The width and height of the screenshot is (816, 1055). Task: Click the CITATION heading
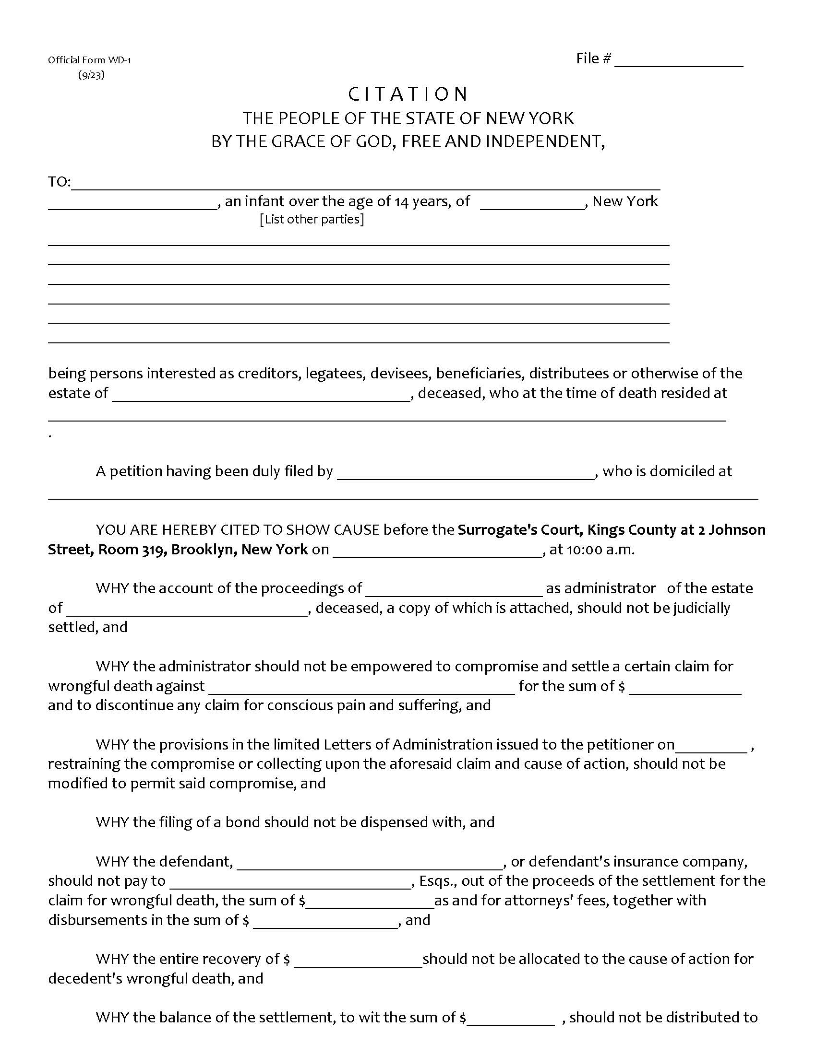click(x=408, y=94)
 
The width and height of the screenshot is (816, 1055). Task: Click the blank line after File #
click(x=678, y=62)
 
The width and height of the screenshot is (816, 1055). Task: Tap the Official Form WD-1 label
click(x=89, y=60)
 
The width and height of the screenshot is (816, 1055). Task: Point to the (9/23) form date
click(x=91, y=75)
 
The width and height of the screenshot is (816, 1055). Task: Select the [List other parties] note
click(x=312, y=219)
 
